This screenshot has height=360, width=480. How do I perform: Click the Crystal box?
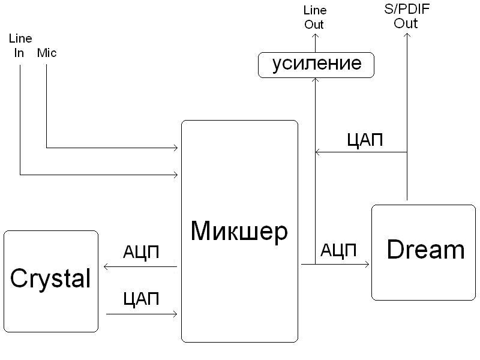(x=50, y=281)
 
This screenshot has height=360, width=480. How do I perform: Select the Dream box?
(x=424, y=252)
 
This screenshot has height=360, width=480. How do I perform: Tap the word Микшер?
(x=239, y=231)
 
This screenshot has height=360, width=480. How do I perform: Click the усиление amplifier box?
(x=316, y=64)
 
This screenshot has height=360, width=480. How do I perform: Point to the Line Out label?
(x=314, y=17)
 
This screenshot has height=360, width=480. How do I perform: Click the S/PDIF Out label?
(x=406, y=17)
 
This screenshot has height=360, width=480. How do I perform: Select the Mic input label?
(x=47, y=53)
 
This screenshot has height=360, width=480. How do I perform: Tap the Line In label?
(x=19, y=46)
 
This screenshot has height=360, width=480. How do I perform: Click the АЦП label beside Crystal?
(x=141, y=252)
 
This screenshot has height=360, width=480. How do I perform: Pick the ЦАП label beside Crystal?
(x=141, y=298)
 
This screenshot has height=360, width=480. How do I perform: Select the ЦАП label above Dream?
(x=365, y=140)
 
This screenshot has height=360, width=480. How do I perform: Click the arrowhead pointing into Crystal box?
(x=106, y=266)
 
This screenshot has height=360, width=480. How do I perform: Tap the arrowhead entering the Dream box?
(x=367, y=264)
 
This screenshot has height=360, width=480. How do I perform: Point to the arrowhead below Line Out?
(x=315, y=37)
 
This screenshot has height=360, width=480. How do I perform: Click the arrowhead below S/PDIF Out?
(x=407, y=35)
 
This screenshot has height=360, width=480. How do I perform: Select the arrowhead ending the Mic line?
(x=176, y=147)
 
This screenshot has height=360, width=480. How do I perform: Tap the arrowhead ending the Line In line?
(x=176, y=175)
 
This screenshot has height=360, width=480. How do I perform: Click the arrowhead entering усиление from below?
(x=315, y=80)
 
